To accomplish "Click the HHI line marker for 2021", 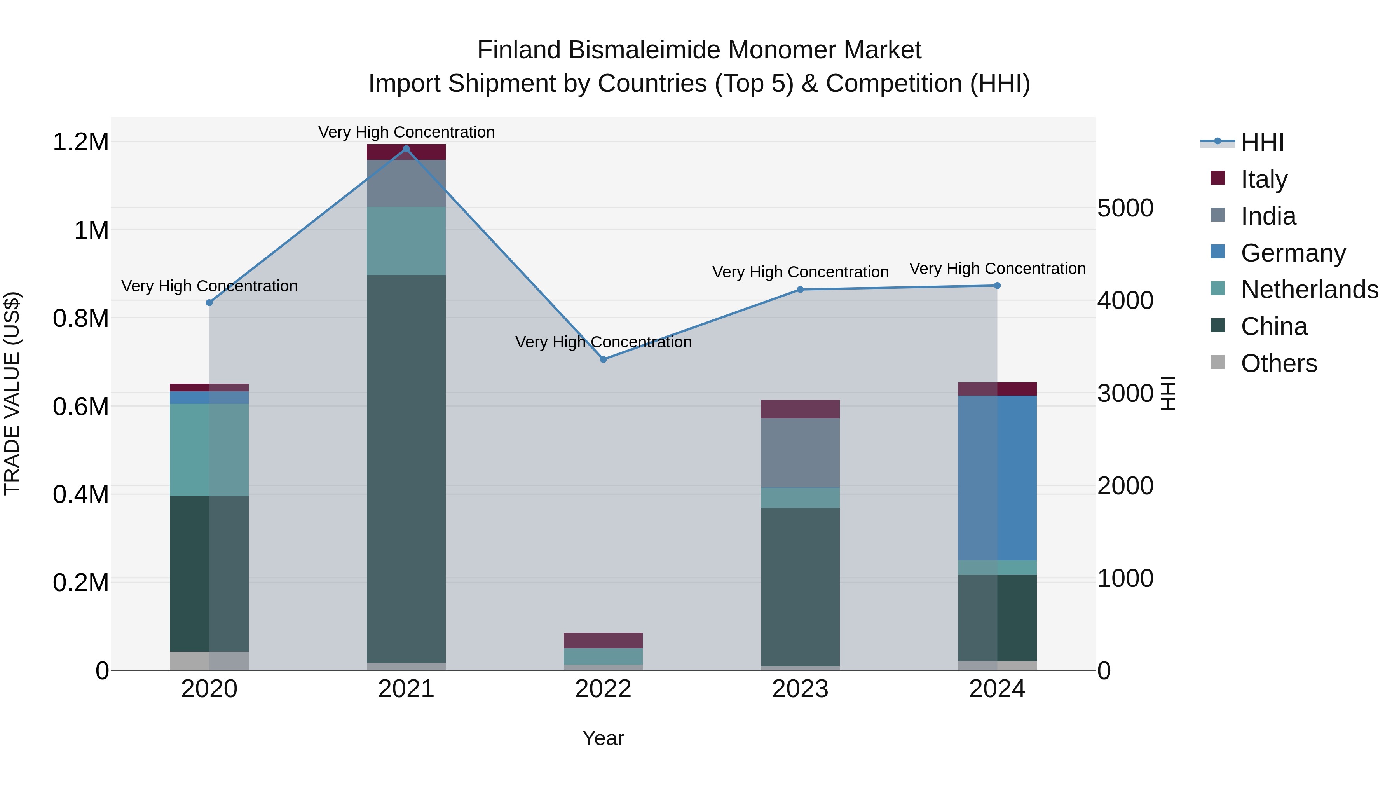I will [406, 149].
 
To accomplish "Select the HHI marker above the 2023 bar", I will [800, 290].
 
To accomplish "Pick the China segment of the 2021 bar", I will [406, 468].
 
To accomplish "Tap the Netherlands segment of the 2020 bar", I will [209, 449].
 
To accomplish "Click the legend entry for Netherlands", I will [1309, 290].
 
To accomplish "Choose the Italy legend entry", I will [1264, 179].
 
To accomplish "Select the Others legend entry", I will [1279, 363].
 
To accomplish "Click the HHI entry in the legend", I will [1262, 142].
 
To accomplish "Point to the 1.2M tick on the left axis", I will [80, 142].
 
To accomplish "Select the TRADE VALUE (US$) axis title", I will [12, 393].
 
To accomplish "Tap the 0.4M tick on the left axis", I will [80, 494].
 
